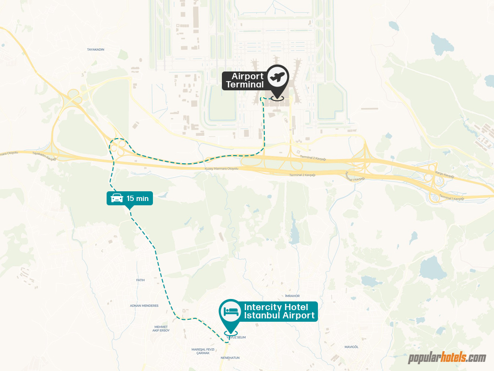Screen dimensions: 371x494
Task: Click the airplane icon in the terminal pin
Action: click(277, 77)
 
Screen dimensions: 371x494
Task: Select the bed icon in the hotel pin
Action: click(231, 311)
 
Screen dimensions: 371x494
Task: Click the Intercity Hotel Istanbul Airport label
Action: click(279, 312)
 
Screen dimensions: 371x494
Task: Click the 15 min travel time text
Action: click(137, 198)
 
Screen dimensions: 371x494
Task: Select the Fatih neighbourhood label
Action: click(140, 280)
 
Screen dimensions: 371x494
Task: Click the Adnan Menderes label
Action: click(144, 305)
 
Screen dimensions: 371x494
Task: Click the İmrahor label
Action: click(292, 295)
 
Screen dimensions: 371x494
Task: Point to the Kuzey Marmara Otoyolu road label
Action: click(222, 169)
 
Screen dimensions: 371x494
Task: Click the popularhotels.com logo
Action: click(447, 358)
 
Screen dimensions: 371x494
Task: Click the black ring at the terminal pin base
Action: click(277, 98)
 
